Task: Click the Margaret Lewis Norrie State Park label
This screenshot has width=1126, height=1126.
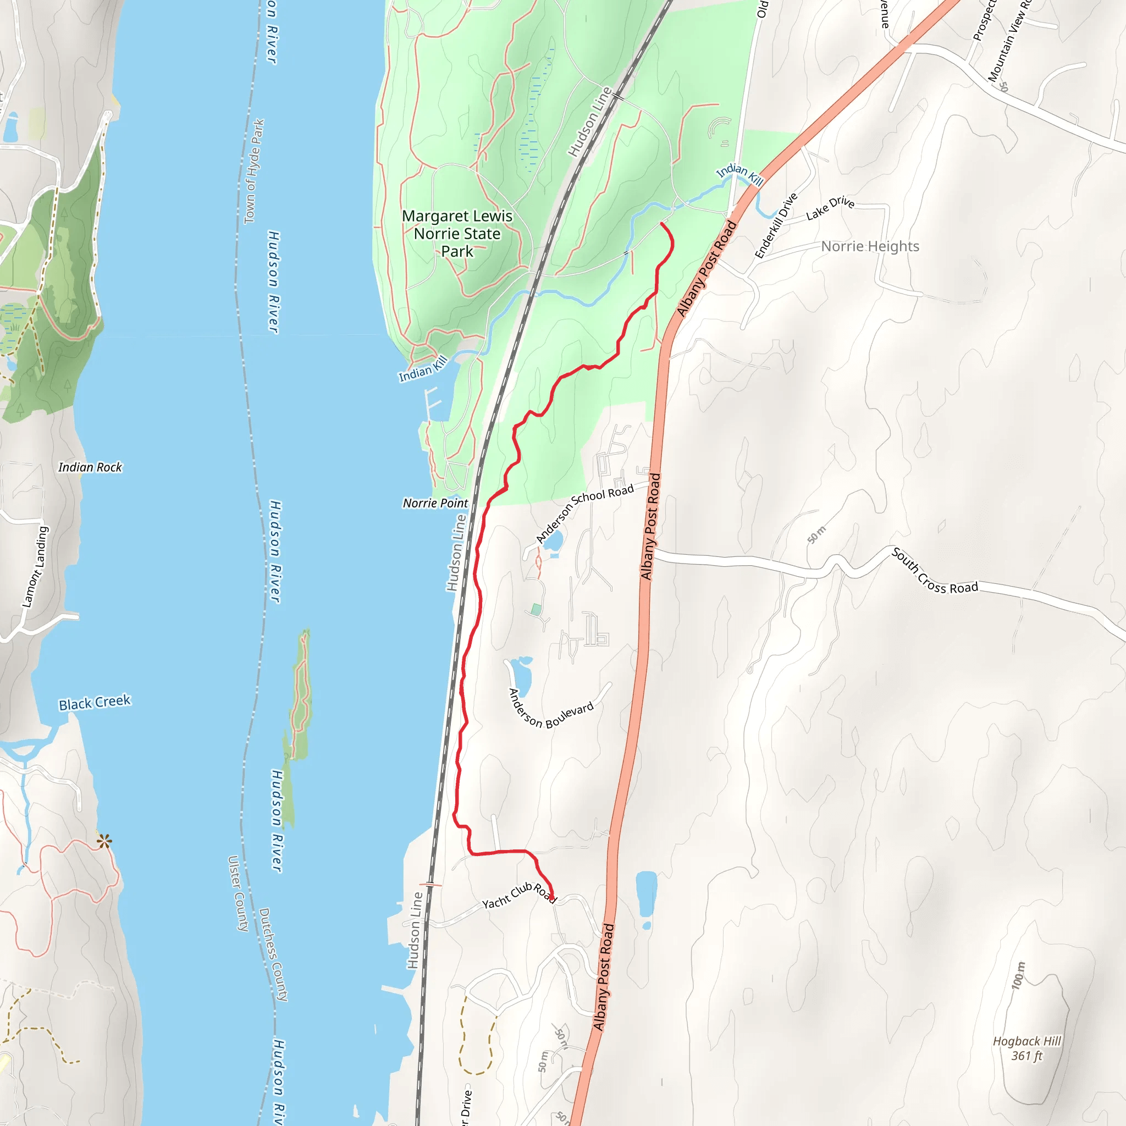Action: (457, 234)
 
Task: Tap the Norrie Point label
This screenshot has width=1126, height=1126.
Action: (435, 503)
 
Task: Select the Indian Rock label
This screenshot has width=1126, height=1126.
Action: (90, 467)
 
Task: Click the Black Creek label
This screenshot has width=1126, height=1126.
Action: (95, 703)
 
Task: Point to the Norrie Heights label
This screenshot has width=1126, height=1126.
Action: (870, 246)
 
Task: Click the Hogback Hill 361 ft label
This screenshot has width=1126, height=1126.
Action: (1027, 1048)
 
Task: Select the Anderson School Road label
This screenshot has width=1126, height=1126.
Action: (584, 512)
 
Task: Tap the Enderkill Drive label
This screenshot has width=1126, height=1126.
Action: (776, 226)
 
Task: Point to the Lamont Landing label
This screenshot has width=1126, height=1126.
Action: (36, 566)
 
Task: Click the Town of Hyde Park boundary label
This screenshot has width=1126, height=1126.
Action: (254, 172)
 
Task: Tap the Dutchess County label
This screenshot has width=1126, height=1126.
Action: (273, 954)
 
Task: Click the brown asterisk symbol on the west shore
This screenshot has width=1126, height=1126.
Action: (104, 841)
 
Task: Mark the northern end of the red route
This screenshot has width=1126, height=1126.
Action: (661, 223)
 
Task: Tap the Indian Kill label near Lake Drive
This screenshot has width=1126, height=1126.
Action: (739, 174)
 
